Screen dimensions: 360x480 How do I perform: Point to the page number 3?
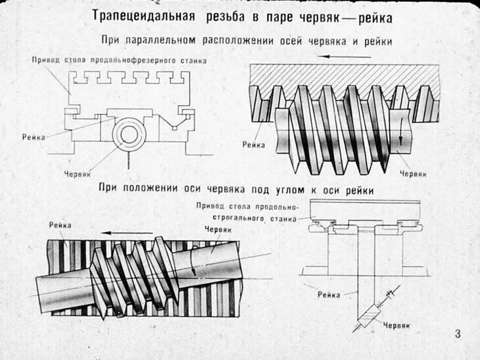point(458,334)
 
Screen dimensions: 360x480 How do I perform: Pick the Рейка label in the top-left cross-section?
point(34,137)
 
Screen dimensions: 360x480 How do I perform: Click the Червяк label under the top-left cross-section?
point(78,174)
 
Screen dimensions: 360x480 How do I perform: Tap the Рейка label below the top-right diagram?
point(253,144)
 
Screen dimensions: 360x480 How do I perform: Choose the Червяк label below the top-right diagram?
point(414,174)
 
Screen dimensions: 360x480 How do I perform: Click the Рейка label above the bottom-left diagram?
point(60,225)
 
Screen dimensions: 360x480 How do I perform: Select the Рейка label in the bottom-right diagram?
point(328,295)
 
